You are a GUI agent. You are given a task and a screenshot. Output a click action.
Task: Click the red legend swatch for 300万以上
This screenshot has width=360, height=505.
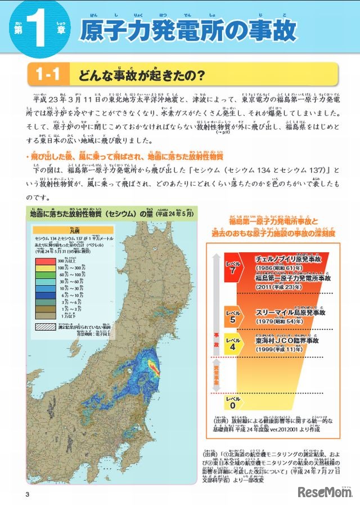pos(44,261)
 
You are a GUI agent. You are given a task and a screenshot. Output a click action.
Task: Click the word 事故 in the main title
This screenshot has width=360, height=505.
pos(274,31)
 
